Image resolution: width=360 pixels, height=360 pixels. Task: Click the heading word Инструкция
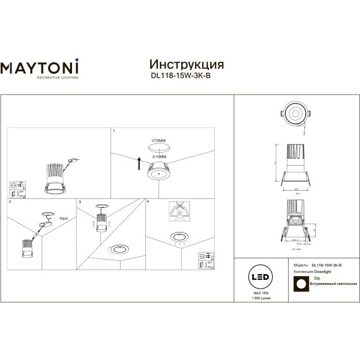pos(186,64)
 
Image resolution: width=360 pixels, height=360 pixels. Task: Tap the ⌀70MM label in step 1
pos(159,140)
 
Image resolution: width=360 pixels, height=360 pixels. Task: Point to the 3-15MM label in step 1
pos(159,155)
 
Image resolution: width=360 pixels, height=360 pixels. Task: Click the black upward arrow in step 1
pos(139,166)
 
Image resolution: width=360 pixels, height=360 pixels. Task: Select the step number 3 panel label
pos(78,201)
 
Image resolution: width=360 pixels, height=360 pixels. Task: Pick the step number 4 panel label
pos(147,201)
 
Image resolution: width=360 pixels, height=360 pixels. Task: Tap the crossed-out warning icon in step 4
pos(180,212)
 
